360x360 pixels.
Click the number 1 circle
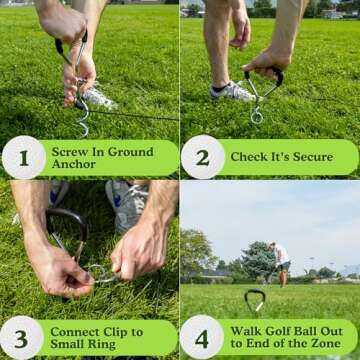(23, 157)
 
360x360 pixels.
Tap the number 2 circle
(202, 157)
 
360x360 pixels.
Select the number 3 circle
(23, 338)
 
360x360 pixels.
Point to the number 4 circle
(202, 338)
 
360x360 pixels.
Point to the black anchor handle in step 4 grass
(255, 298)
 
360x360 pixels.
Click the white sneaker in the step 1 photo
(97, 97)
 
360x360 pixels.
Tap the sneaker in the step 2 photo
(233, 91)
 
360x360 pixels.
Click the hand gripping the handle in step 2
(262, 65)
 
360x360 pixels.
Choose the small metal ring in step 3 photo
(100, 271)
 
